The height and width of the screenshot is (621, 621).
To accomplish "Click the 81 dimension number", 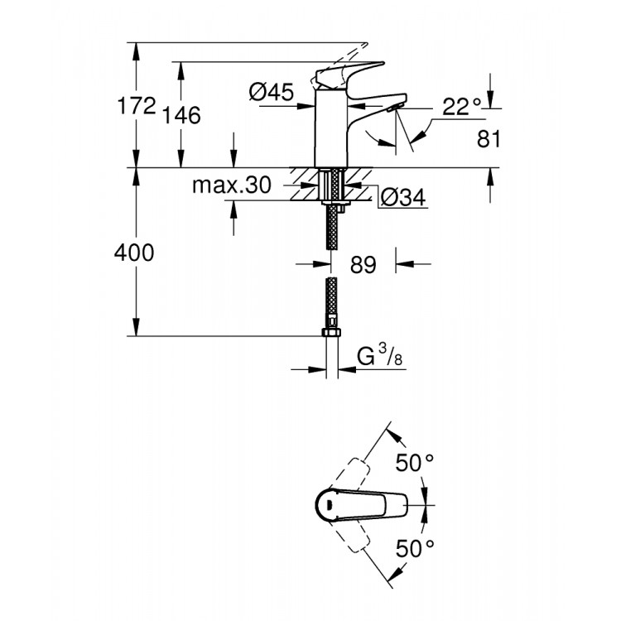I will pos(489,138).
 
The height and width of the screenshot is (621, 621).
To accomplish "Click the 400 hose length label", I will pos(134,253).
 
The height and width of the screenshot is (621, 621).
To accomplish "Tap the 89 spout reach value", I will pos(363,265).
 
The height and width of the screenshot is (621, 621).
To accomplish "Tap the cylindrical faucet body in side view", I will pos(330,132).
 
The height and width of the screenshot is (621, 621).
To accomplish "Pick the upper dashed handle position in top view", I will pos(353,468).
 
